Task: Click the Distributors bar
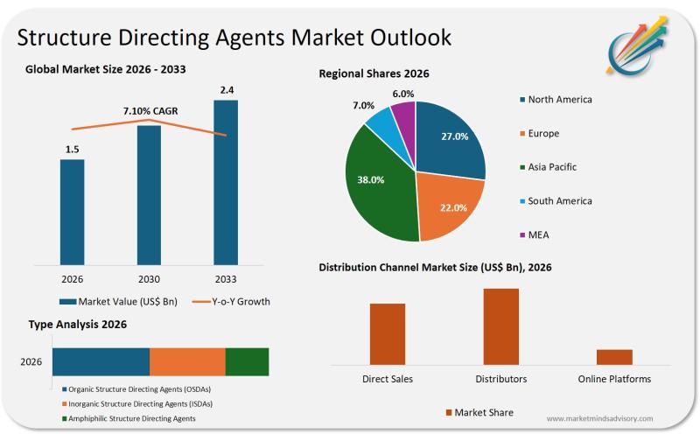pyautogui.click(x=501, y=325)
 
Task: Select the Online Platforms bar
pyautogui.click(x=614, y=356)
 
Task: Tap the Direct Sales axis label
pyautogui.click(x=388, y=379)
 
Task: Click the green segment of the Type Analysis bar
pyautogui.click(x=247, y=361)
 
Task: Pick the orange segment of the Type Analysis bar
pyautogui.click(x=187, y=361)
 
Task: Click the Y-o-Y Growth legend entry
pyautogui.click(x=230, y=302)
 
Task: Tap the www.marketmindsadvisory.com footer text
pyautogui.click(x=599, y=418)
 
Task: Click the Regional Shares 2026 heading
pyautogui.click(x=374, y=73)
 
